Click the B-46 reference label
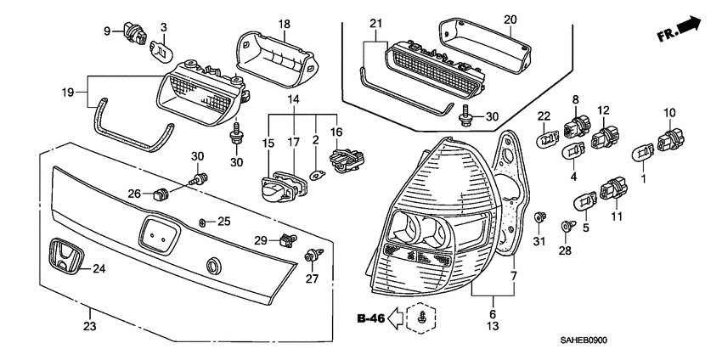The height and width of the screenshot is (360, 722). (x=370, y=318)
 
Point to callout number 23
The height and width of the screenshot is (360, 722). (x=90, y=323)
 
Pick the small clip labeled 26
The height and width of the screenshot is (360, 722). (x=159, y=195)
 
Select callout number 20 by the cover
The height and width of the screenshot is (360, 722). (x=510, y=19)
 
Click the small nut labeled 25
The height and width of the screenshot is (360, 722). (x=203, y=222)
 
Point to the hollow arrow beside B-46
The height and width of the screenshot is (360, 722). (x=398, y=318)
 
